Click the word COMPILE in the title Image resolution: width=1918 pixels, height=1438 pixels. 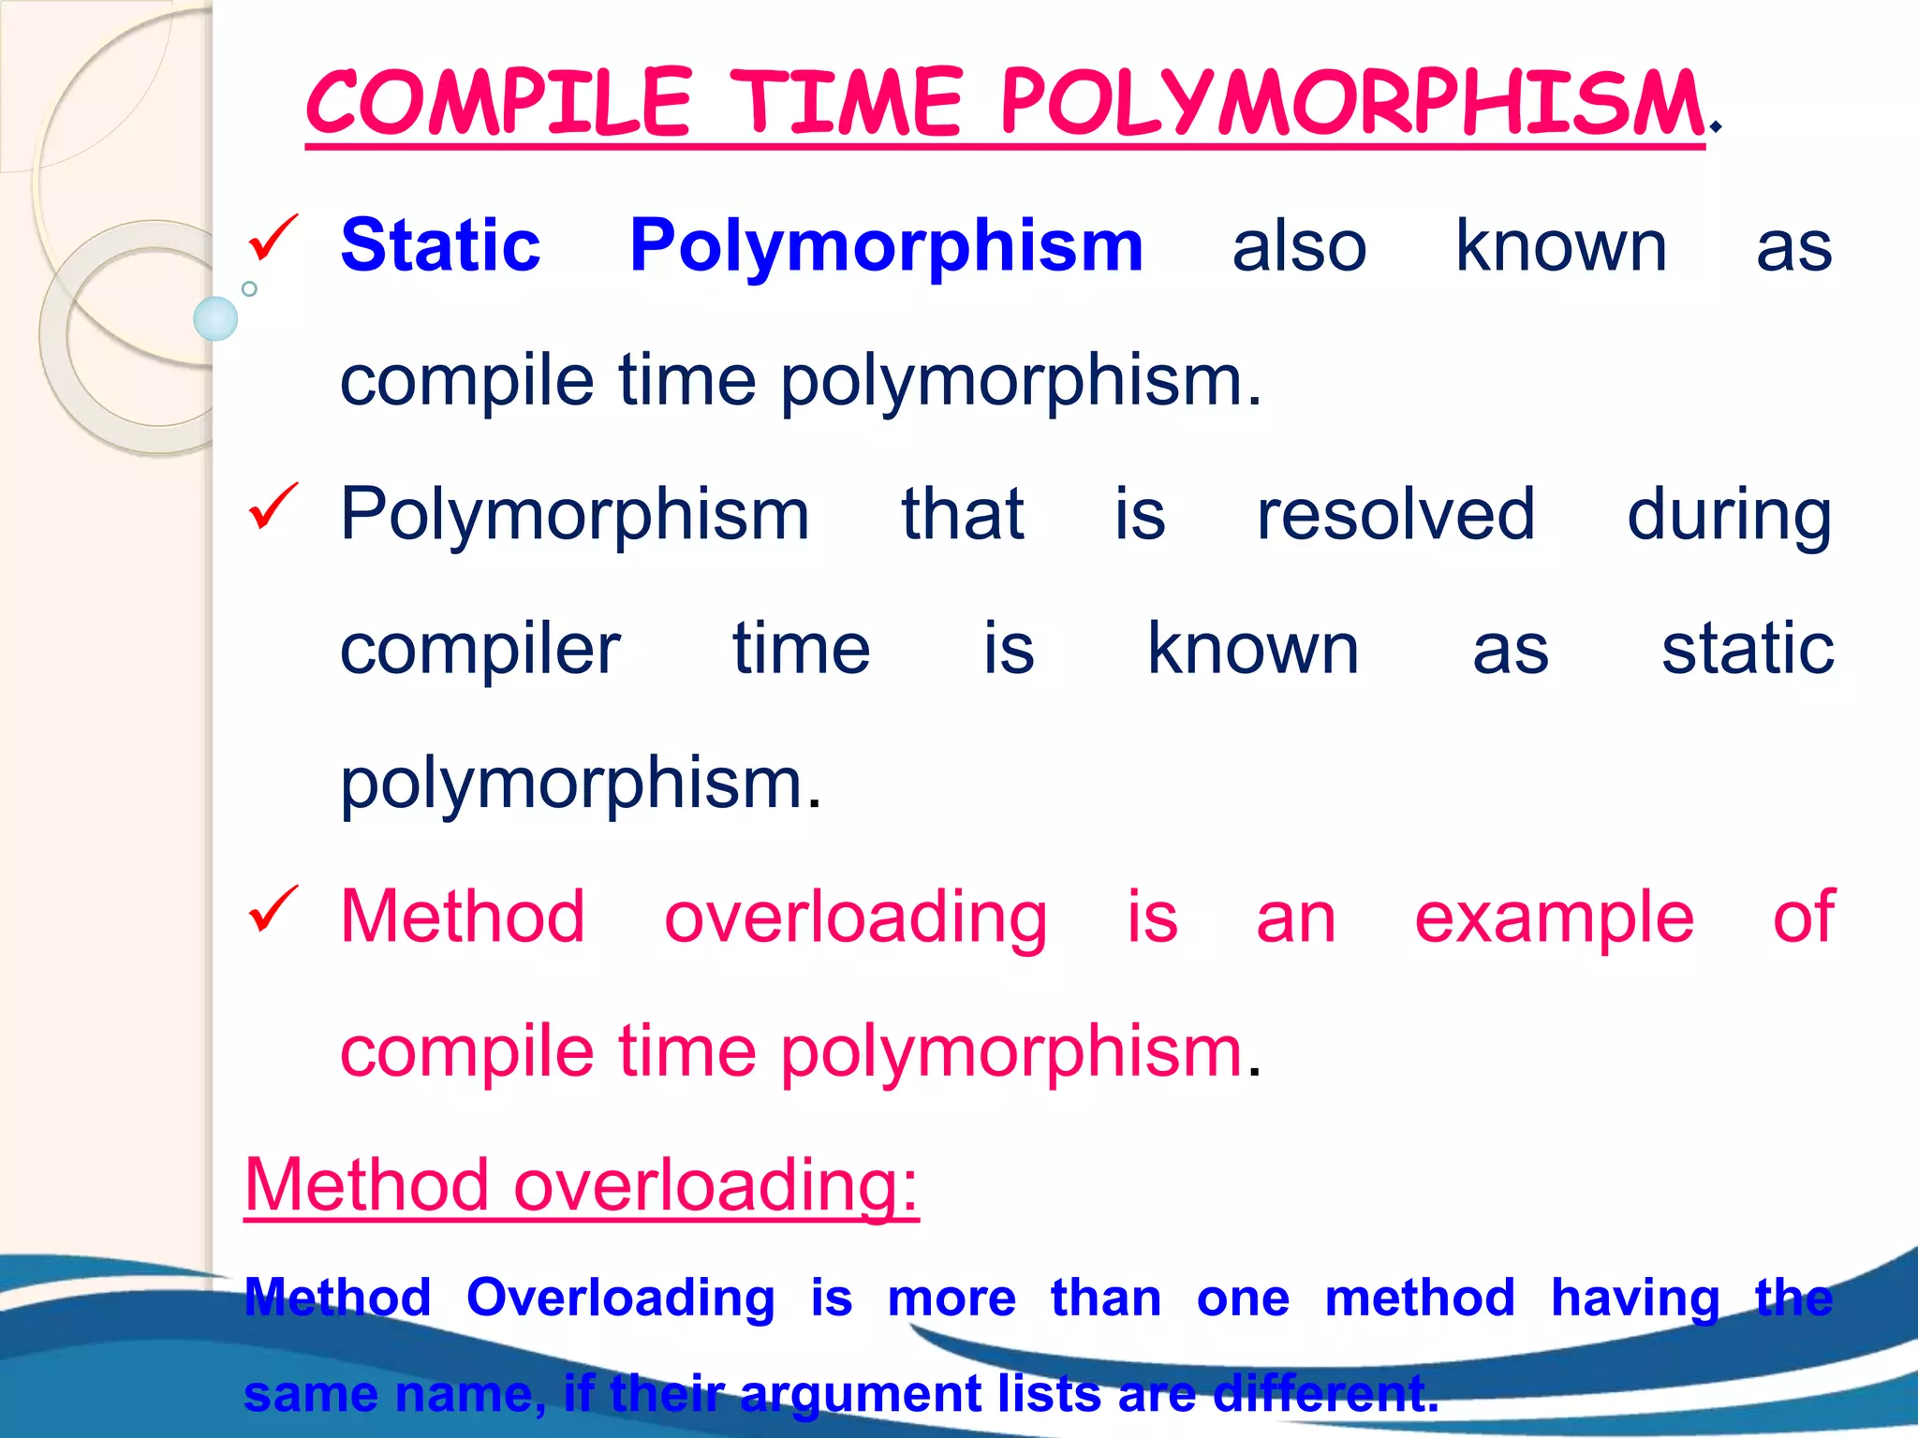click(498, 103)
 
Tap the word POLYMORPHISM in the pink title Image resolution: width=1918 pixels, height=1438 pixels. click(1350, 103)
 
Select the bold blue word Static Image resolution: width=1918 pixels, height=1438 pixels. click(440, 245)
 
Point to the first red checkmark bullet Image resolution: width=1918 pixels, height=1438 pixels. click(272, 238)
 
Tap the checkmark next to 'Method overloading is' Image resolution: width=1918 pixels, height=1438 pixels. click(272, 910)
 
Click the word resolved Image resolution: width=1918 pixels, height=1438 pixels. click(1395, 514)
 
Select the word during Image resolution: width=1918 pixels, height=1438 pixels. click(1729, 516)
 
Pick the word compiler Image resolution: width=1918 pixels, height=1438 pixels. click(479, 650)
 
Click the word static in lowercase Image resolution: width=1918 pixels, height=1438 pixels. click(1747, 648)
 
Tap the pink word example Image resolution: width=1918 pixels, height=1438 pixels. click(1554, 918)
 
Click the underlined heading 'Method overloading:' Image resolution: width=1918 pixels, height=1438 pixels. click(581, 1185)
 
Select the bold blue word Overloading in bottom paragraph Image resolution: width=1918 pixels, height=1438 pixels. click(621, 1299)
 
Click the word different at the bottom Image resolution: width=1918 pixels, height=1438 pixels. click(1325, 1393)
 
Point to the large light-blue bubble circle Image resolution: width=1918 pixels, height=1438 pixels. click(215, 318)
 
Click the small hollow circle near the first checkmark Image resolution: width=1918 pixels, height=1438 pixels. click(249, 288)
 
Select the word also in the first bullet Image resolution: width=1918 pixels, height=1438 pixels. click(1299, 245)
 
